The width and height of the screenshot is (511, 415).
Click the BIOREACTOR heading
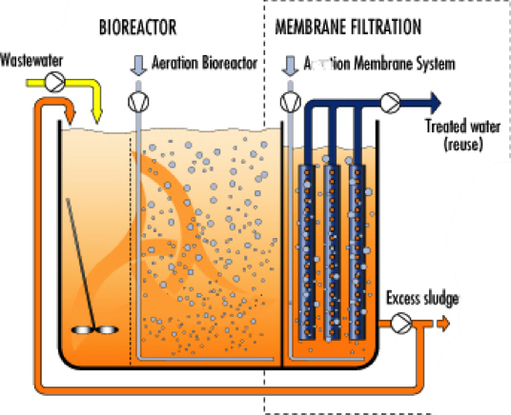coord(138,27)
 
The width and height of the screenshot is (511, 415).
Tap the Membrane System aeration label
coord(378,64)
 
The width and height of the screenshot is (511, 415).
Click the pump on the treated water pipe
coord(390,102)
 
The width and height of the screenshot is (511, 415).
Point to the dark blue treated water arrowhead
coord(435,102)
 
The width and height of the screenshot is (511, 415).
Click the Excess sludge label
coord(422,300)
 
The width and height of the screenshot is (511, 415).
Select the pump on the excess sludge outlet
coord(403,325)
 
